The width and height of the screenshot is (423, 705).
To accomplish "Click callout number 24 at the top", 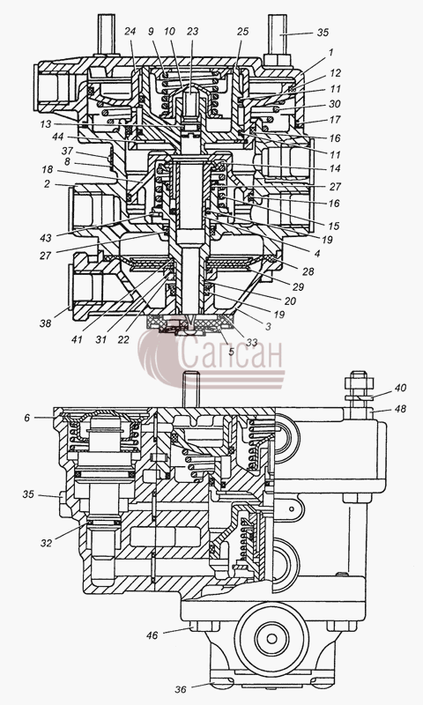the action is (130, 32).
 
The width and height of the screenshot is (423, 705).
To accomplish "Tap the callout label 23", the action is (193, 32).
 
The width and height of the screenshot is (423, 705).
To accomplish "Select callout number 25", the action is (242, 32).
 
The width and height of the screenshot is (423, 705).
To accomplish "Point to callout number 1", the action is (330, 53).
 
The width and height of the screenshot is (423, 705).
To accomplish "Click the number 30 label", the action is (335, 104).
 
